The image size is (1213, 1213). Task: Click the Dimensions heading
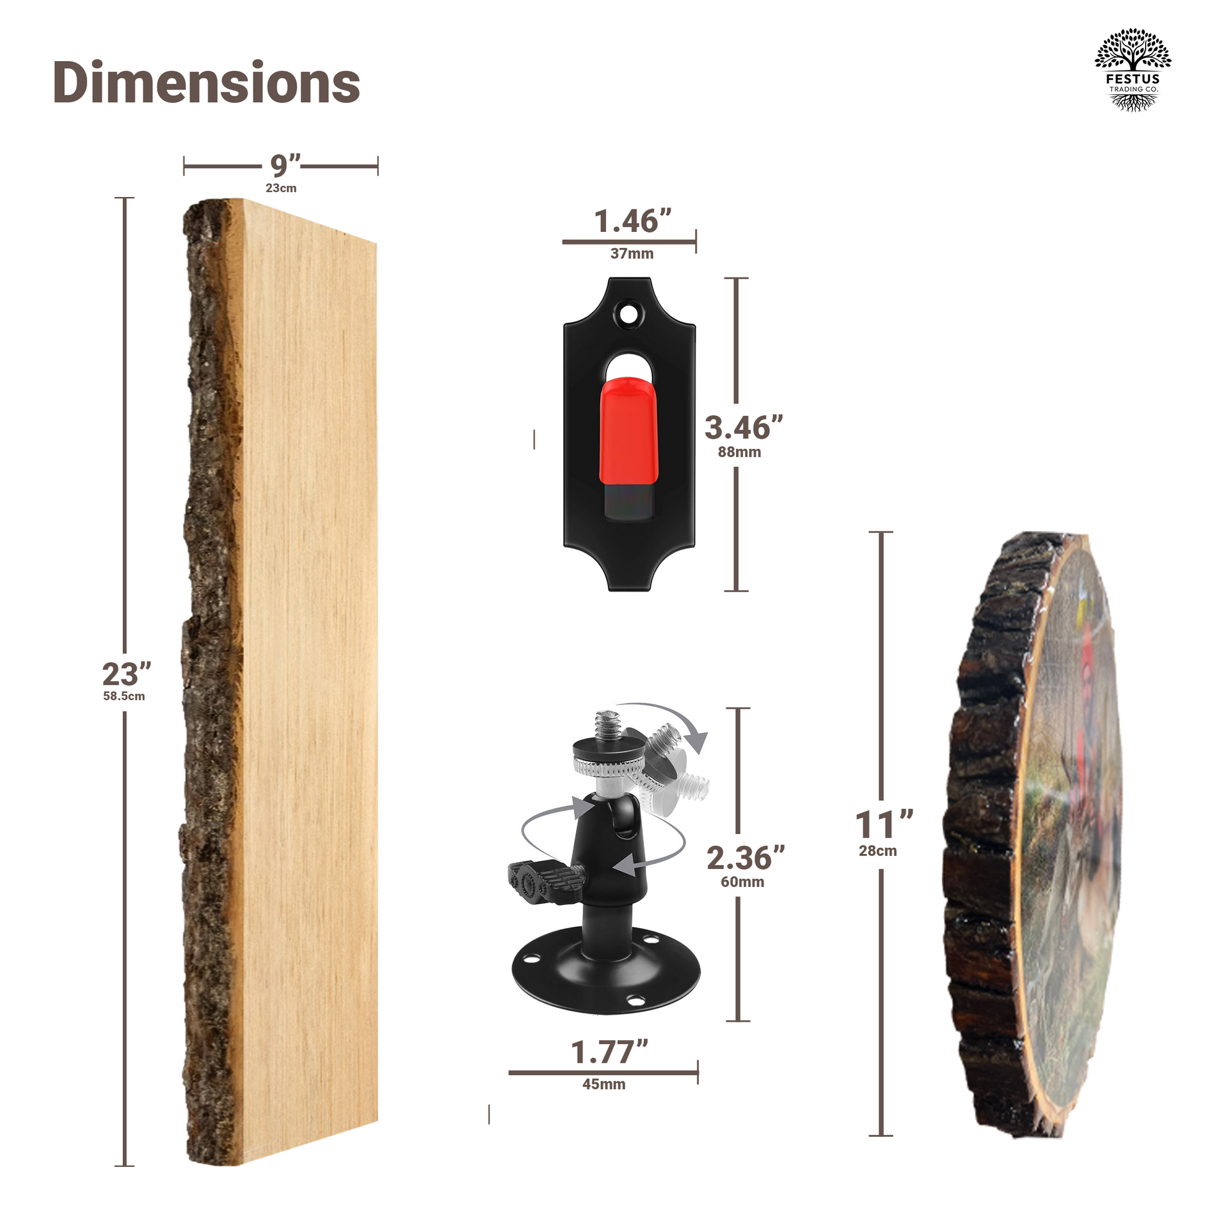click(x=206, y=82)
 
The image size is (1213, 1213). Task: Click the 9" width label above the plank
click(x=285, y=165)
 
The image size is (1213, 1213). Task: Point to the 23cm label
click(x=280, y=188)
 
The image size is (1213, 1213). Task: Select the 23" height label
click(x=127, y=674)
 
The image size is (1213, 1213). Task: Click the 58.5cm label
click(x=124, y=696)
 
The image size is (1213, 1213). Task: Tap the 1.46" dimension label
click(x=632, y=221)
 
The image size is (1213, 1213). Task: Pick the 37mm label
click(x=631, y=254)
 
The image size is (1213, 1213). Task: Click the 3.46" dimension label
click(x=744, y=428)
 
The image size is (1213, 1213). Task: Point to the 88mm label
click(x=740, y=452)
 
